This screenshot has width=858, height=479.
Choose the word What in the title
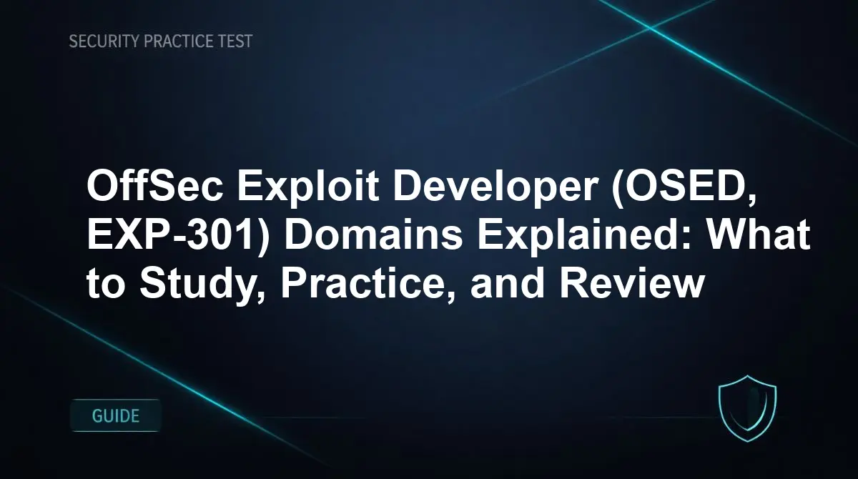click(x=759, y=234)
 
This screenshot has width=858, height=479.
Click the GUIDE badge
click(x=116, y=416)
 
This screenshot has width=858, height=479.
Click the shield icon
click(x=747, y=408)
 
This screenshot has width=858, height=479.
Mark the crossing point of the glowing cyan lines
click(x=650, y=28)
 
